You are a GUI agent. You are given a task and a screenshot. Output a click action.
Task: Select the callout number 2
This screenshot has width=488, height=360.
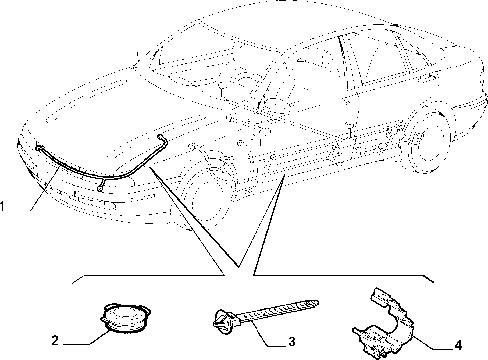55,341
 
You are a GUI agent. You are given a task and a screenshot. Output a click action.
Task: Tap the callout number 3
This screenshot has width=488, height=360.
291,342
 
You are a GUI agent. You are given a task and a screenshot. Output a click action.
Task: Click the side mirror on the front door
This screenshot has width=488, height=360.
277,105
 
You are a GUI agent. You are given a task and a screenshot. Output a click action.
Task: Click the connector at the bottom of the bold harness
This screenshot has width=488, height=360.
101,188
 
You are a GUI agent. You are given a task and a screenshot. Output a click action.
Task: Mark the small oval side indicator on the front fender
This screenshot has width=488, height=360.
251,137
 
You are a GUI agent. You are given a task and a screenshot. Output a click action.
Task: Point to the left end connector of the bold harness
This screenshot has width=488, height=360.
38,148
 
